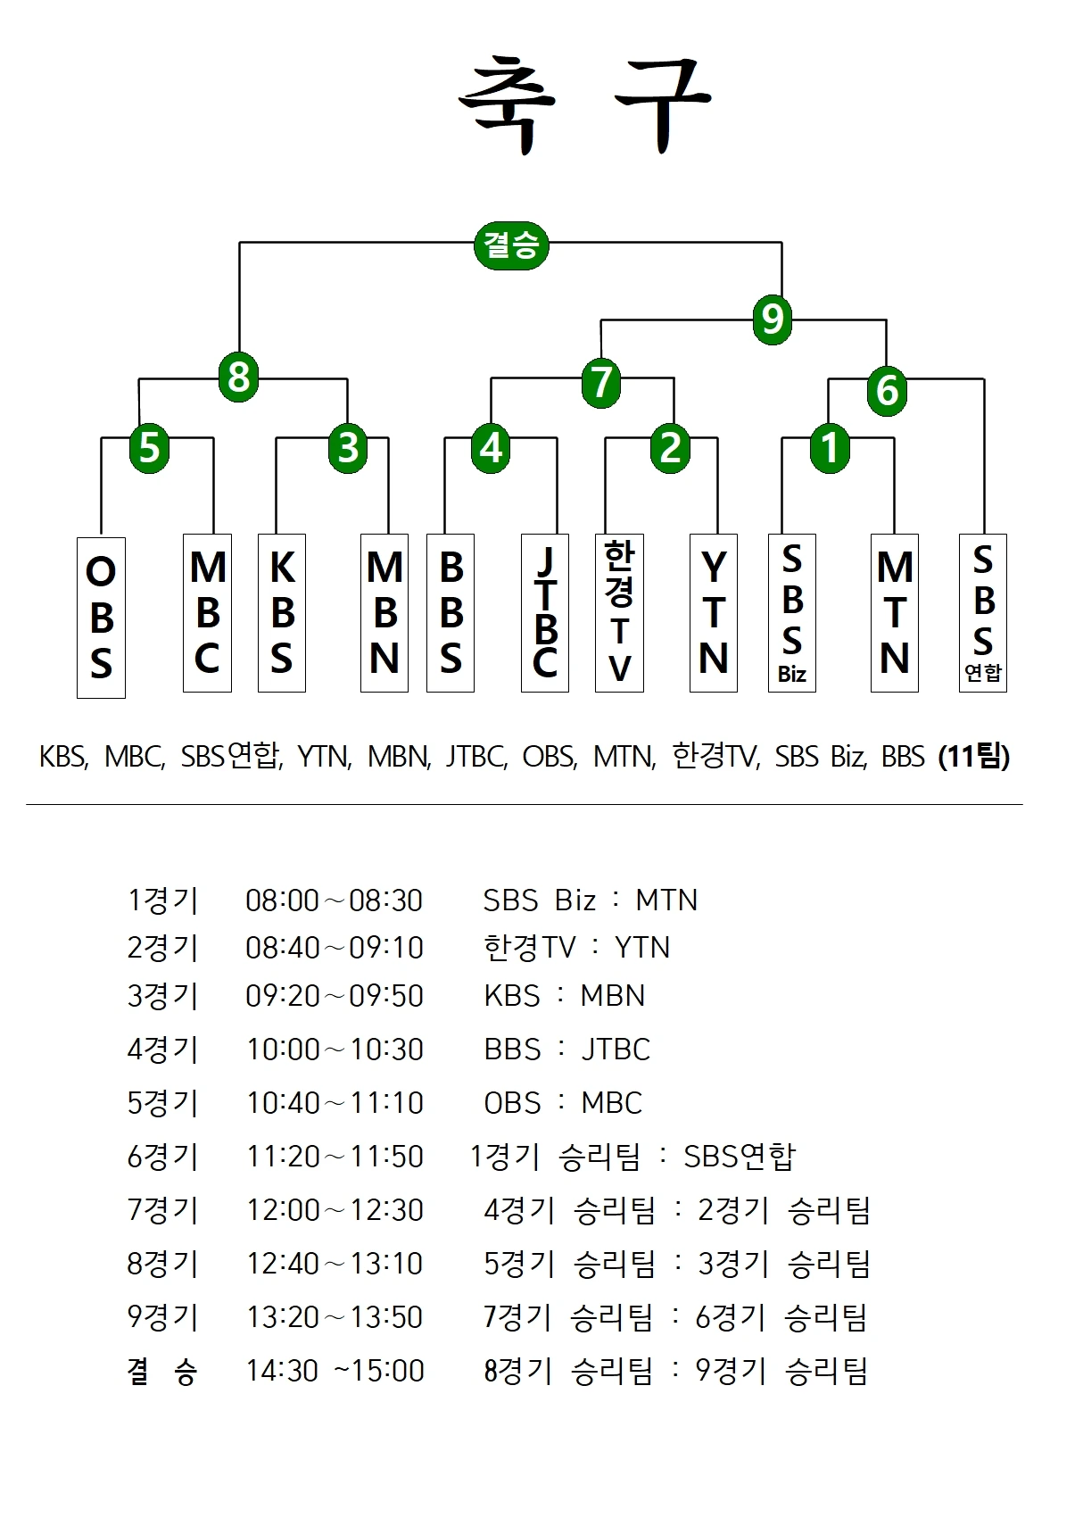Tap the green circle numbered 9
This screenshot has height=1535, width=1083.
point(772,319)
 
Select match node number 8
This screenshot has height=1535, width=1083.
point(238,377)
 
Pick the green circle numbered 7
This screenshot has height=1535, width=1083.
point(601,382)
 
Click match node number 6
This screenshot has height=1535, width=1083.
point(887,390)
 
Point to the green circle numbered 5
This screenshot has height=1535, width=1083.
point(149,446)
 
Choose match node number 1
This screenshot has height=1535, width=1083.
point(830,447)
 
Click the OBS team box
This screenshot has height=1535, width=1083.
point(101,618)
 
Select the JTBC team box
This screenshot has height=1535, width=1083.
point(545,613)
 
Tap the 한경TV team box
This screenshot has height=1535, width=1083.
point(619,613)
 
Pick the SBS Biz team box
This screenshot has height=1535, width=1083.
point(792,613)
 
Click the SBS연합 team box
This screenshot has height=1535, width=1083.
point(983,613)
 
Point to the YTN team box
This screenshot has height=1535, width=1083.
point(714,613)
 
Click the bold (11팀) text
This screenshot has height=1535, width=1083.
point(974,757)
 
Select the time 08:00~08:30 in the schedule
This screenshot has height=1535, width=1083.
point(334,900)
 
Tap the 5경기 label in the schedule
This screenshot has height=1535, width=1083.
point(162,1103)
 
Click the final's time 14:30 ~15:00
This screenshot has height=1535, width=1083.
point(335,1371)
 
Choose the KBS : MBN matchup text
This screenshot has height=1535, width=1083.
point(564,996)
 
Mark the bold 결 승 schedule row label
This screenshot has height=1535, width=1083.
point(162,1371)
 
